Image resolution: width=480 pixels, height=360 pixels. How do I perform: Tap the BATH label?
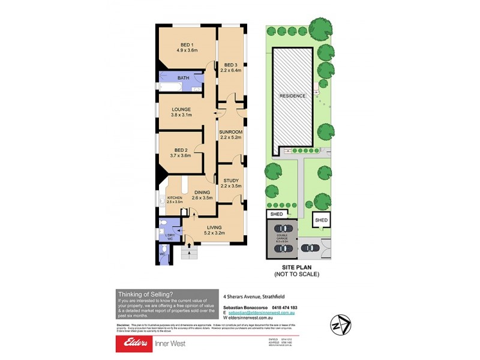tap(184, 78)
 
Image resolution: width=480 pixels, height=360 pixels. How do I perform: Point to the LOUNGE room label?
tap(181, 109)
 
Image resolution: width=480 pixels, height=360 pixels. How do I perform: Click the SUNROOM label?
tap(230, 131)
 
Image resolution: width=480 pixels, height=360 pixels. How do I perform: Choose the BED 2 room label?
tap(181, 150)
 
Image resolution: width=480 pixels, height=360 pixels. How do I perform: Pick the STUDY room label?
tap(231, 180)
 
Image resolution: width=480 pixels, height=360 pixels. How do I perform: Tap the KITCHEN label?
tap(174, 198)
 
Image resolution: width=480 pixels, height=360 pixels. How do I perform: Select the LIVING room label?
tap(214, 227)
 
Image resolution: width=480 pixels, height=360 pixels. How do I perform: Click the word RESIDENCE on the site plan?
tap(292, 96)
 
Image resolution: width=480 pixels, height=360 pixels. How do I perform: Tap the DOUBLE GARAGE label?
tap(283, 239)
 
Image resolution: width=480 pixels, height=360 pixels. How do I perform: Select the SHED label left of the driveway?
tap(276, 214)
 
